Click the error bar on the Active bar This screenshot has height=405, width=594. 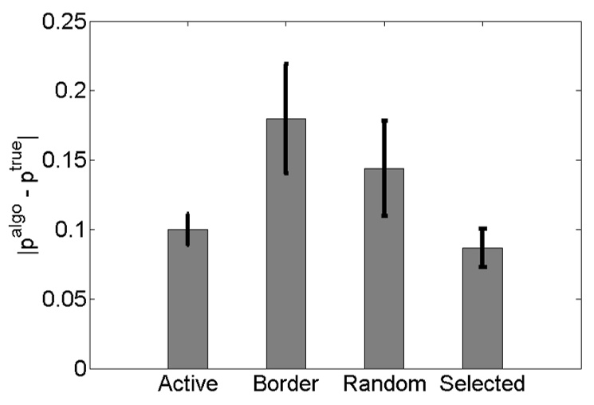coord(187,230)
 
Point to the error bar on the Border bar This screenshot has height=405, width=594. coord(286,144)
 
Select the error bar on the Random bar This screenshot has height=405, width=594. coord(384,168)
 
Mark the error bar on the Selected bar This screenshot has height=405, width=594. coord(482,247)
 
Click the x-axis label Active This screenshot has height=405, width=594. coord(188,385)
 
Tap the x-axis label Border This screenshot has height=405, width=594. coord(286,385)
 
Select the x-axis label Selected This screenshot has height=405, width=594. coord(483,385)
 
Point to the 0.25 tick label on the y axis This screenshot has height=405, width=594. coord(61,21)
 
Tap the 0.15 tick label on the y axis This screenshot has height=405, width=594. coord(61,160)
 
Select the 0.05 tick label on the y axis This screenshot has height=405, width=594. coord(61,300)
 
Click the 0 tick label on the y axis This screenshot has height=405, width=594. coord(78,369)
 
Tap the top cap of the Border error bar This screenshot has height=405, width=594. coord(286,64)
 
